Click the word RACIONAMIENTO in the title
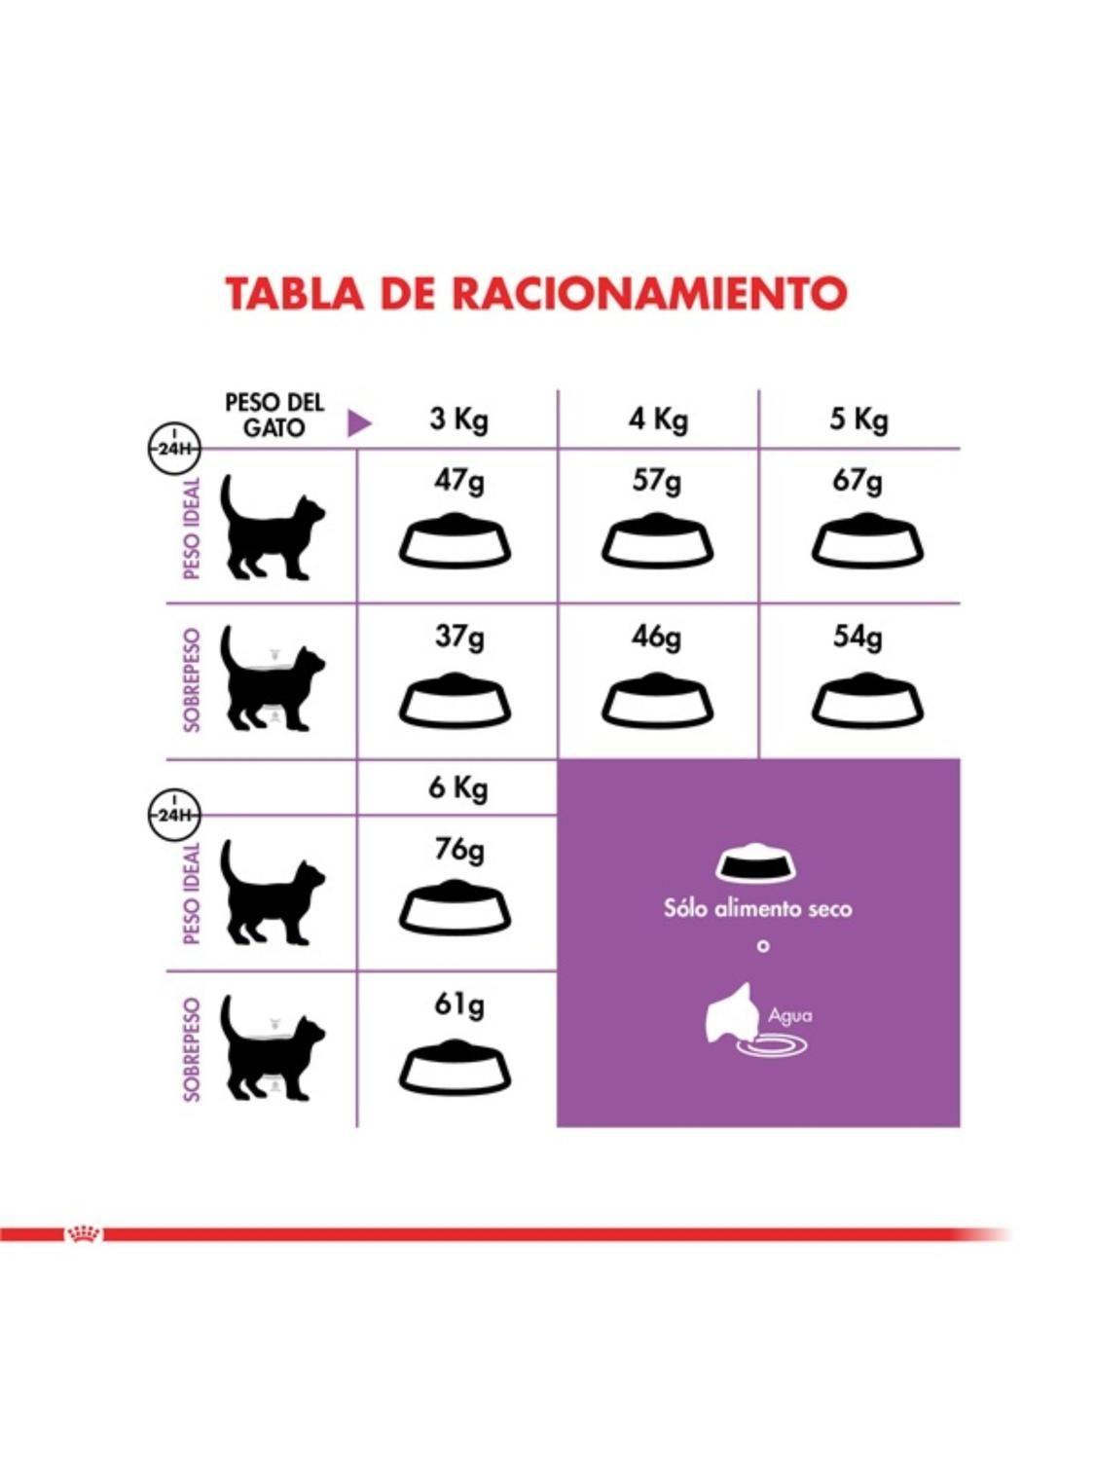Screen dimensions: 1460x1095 pyautogui.click(x=649, y=293)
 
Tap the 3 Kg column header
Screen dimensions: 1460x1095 pyautogui.click(x=458, y=420)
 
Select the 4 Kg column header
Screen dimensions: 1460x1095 pyautogui.click(x=658, y=420)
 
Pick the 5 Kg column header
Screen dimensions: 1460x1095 pyautogui.click(x=858, y=420)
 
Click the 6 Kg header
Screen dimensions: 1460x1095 pyautogui.click(x=457, y=787)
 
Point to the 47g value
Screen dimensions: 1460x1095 pyautogui.click(x=458, y=481)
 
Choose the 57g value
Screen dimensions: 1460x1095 pyautogui.click(x=657, y=481)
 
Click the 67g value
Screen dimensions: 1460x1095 pyautogui.click(x=858, y=481)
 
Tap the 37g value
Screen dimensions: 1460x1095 pyautogui.click(x=458, y=637)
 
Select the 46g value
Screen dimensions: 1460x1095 pyautogui.click(x=657, y=637)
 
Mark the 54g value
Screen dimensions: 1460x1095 pyautogui.click(x=858, y=637)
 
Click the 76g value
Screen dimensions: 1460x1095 pyautogui.click(x=458, y=850)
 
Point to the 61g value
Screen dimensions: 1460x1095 pyautogui.click(x=458, y=1004)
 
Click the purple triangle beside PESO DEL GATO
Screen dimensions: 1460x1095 pyautogui.click(x=359, y=422)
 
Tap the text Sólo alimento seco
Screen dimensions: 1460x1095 pyautogui.click(x=757, y=909)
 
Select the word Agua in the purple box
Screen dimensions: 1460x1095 pyautogui.click(x=789, y=1015)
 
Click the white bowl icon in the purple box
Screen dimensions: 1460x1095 pyautogui.click(x=755, y=862)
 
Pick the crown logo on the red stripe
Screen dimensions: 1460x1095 pyautogui.click(x=83, y=1234)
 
